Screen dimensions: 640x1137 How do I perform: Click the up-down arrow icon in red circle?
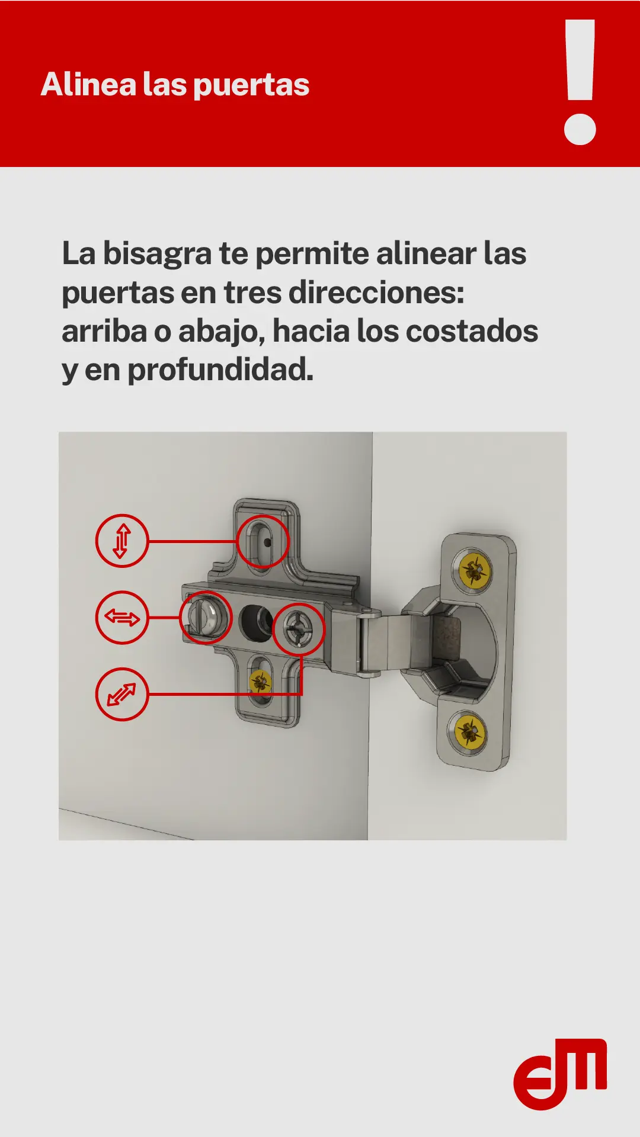pyautogui.click(x=122, y=541)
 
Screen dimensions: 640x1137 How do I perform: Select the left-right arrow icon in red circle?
pyautogui.click(x=122, y=618)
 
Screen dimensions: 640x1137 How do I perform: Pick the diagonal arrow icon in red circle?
pyautogui.click(x=122, y=694)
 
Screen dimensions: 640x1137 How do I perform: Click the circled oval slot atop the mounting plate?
pyautogui.click(x=263, y=541)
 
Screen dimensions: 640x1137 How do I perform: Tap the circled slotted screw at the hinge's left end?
pyautogui.click(x=205, y=617)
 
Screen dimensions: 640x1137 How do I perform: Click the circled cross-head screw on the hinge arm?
pyautogui.click(x=299, y=629)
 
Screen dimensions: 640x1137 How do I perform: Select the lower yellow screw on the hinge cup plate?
pyautogui.click(x=469, y=732)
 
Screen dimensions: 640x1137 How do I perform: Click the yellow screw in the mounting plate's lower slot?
pyautogui.click(x=260, y=682)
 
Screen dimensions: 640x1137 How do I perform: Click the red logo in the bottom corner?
pyautogui.click(x=560, y=1074)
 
